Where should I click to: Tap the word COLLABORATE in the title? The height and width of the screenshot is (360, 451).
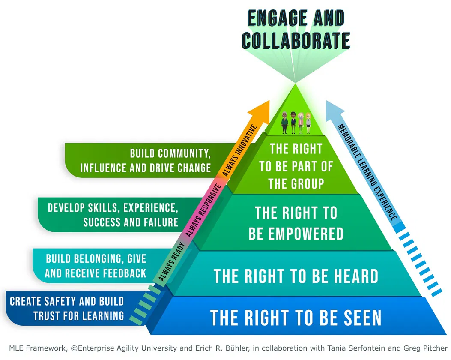click(296, 41)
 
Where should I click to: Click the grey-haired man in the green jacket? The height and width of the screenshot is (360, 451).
click(284, 123)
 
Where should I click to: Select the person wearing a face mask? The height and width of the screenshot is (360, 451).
click(301, 123)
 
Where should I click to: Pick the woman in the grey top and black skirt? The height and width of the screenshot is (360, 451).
click(308, 123)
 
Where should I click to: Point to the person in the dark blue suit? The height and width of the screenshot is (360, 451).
click(293, 123)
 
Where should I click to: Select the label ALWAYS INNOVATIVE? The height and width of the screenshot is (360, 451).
click(239, 150)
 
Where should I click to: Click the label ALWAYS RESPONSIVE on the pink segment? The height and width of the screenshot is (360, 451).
click(203, 210)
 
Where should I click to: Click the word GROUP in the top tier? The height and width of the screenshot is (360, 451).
click(306, 184)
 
